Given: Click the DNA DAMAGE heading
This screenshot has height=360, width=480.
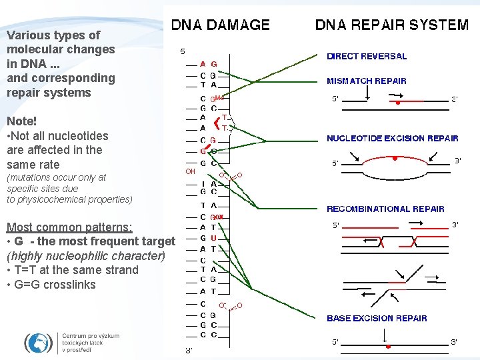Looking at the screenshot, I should pos(221,25).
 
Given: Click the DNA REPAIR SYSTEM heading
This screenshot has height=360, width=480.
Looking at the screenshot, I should pos(391,25).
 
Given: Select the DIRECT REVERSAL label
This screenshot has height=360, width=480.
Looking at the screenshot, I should pos(366,57).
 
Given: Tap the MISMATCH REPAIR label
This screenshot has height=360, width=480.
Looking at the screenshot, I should pos(366,81).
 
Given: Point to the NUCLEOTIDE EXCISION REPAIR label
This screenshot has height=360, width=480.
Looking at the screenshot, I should pos(392,139).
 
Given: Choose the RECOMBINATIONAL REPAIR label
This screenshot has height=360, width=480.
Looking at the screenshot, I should pos(385,209).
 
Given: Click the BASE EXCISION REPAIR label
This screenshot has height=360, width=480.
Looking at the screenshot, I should pos(377,318).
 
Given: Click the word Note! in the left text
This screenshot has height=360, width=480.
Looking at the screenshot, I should pos(21,121).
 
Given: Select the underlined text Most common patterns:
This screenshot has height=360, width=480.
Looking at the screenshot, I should pos(69,227).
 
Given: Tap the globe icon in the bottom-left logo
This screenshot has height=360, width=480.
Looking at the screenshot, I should pos(38,343).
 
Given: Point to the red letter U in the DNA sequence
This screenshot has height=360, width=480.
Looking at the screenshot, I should pos(213,238).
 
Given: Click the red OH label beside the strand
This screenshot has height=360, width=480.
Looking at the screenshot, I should pos(190,171).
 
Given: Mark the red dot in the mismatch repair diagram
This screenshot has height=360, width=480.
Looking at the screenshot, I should pos(398,103).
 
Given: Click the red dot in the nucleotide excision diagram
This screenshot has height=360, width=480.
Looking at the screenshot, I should pos(395,159).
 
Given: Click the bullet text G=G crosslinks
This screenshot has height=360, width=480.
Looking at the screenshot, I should pos(51,285).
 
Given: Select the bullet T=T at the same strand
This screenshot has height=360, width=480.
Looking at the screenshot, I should pos(73,270).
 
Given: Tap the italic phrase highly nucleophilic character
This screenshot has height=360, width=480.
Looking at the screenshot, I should pos(85,256).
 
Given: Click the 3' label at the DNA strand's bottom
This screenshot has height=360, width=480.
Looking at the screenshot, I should pos(189,350).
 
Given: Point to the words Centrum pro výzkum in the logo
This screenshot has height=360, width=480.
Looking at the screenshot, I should pos(91,336).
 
